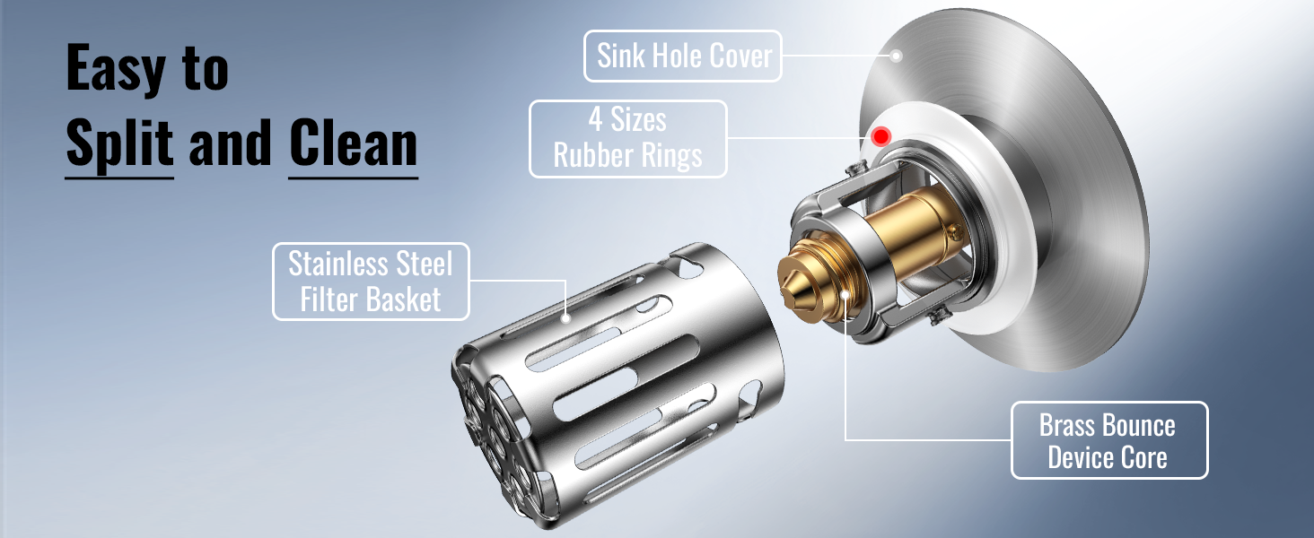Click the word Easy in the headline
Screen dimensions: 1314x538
click(x=116, y=69)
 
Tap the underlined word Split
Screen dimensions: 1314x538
click(x=119, y=143)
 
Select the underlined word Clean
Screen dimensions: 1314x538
click(x=353, y=143)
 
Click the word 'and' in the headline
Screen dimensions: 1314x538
click(x=231, y=143)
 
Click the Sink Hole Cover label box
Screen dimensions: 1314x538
click(x=683, y=56)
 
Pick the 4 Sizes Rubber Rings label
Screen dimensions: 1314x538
click(x=628, y=139)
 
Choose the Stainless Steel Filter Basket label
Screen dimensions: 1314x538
click(x=371, y=282)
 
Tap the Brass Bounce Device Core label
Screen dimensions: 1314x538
click(x=1109, y=440)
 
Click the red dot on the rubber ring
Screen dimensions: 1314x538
click(x=880, y=136)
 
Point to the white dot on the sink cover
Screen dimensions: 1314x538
click(x=896, y=56)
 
